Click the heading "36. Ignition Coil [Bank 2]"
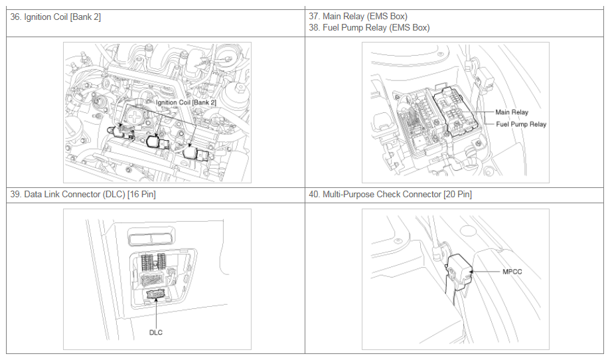click(55, 17)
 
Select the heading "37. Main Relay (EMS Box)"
click(358, 17)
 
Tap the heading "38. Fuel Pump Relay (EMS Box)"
click(369, 28)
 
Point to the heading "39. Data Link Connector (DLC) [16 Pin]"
click(83, 194)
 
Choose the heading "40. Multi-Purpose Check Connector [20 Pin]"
click(390, 194)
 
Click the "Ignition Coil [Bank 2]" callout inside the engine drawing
click(186, 102)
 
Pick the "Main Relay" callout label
click(512, 112)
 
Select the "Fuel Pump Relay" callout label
click(521, 124)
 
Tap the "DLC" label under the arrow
click(155, 332)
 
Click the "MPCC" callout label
click(512, 272)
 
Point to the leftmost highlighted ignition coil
click(121, 132)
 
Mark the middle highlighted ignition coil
click(157, 141)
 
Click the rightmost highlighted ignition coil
click(196, 153)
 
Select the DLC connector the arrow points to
click(155, 295)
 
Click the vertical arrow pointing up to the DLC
click(155, 314)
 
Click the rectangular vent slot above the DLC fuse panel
click(151, 237)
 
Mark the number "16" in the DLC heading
click(135, 194)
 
